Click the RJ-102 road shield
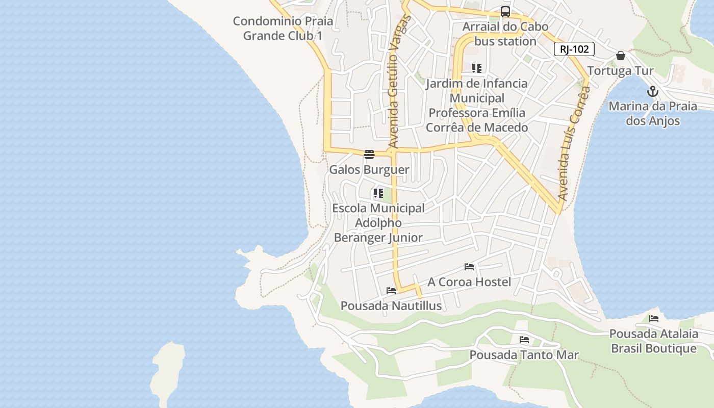[574, 49]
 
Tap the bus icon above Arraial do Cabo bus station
[505, 12]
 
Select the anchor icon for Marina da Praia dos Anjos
[652, 92]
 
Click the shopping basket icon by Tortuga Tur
[620, 56]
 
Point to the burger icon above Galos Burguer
[369, 154]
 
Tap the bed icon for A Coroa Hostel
[469, 267]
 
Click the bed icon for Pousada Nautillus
[391, 291]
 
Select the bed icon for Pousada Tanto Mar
[524, 340]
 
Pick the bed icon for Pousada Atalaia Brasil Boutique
[654, 319]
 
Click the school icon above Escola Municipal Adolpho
[378, 193]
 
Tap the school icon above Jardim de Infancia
[477, 68]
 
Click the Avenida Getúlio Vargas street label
[399, 82]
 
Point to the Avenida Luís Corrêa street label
[574, 143]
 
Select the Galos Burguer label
[369, 169]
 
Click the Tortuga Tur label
[620, 70]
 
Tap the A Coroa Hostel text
[469, 282]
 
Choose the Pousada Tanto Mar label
[524, 354]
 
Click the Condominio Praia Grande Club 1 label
[283, 29]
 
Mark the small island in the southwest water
[168, 370]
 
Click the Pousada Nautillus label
[391, 305]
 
